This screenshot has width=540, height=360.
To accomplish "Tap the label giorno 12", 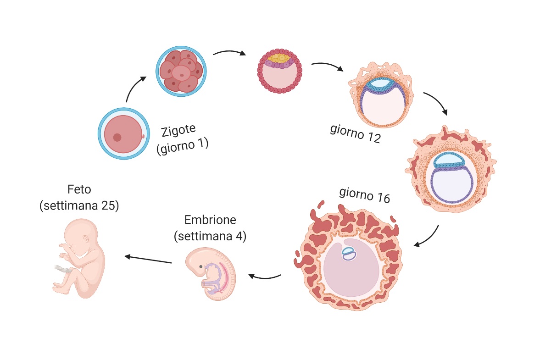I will (355, 134).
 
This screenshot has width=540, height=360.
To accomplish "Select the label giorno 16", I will (364, 195).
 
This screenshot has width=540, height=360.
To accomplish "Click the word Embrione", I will (210, 220).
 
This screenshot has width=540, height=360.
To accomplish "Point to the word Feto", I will (79, 189).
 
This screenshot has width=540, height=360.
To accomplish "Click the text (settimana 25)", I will (79, 206).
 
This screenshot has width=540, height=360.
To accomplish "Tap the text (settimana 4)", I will (210, 237).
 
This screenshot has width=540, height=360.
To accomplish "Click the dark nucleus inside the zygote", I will (117, 137).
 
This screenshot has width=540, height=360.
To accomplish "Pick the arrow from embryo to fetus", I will (148, 260).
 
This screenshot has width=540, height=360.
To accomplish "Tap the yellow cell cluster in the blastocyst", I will (279, 58).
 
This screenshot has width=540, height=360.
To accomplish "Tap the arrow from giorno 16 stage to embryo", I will (265, 276).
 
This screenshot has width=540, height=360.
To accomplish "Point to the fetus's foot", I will (59, 288).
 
